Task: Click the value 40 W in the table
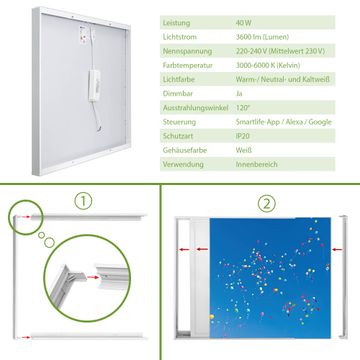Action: point(244,23)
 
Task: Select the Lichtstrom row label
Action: point(179,37)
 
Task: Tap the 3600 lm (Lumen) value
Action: point(262,37)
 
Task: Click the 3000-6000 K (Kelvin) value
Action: point(268,65)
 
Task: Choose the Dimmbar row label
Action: point(178,94)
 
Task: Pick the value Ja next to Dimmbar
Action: point(239,94)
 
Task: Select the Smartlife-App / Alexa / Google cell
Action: point(284,122)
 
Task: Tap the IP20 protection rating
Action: point(243,136)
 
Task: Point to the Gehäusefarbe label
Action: point(185,150)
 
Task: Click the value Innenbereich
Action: point(256,164)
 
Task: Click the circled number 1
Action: point(83,201)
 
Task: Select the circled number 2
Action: point(267,203)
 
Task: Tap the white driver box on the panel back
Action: point(94,85)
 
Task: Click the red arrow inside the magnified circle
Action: point(94,277)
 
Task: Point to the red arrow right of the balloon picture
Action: point(337,249)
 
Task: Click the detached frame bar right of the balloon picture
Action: point(344,277)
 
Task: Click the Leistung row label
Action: point(176,23)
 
